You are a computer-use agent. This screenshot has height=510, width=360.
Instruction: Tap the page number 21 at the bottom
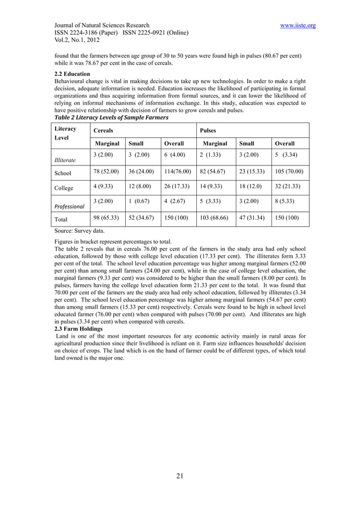tap(180, 476)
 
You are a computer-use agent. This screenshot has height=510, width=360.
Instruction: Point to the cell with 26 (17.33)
tap(175, 186)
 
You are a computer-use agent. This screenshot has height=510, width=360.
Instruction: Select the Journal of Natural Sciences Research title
tap(102, 25)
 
